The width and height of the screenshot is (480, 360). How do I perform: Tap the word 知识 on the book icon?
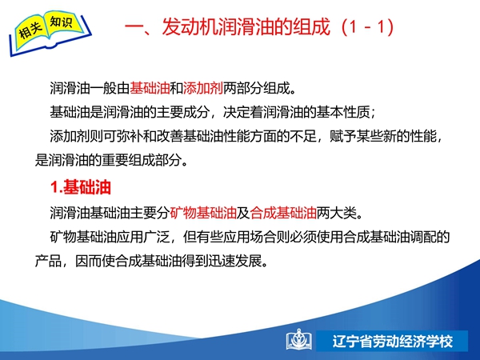[x=61, y=22]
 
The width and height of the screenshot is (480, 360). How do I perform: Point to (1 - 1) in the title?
[x=368, y=27]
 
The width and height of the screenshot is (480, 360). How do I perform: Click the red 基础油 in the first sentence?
[x=150, y=88]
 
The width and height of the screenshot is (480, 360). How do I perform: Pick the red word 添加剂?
[x=203, y=88]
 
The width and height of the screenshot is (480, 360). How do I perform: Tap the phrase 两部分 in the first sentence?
[x=243, y=88]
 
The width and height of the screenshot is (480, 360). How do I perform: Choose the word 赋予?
[x=343, y=136]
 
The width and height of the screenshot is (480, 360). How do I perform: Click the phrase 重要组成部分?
[x=142, y=160]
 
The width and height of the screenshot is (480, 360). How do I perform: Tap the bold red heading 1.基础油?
[x=80, y=187]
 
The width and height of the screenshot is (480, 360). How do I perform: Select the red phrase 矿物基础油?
[x=203, y=213]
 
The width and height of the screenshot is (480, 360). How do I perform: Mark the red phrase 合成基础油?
[x=283, y=213]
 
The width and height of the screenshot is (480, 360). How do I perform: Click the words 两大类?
[x=337, y=213]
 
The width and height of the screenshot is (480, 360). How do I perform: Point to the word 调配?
[x=422, y=237]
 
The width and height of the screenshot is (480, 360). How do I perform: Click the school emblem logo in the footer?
[x=299, y=339]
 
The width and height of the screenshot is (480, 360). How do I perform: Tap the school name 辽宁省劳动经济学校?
[x=393, y=342]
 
